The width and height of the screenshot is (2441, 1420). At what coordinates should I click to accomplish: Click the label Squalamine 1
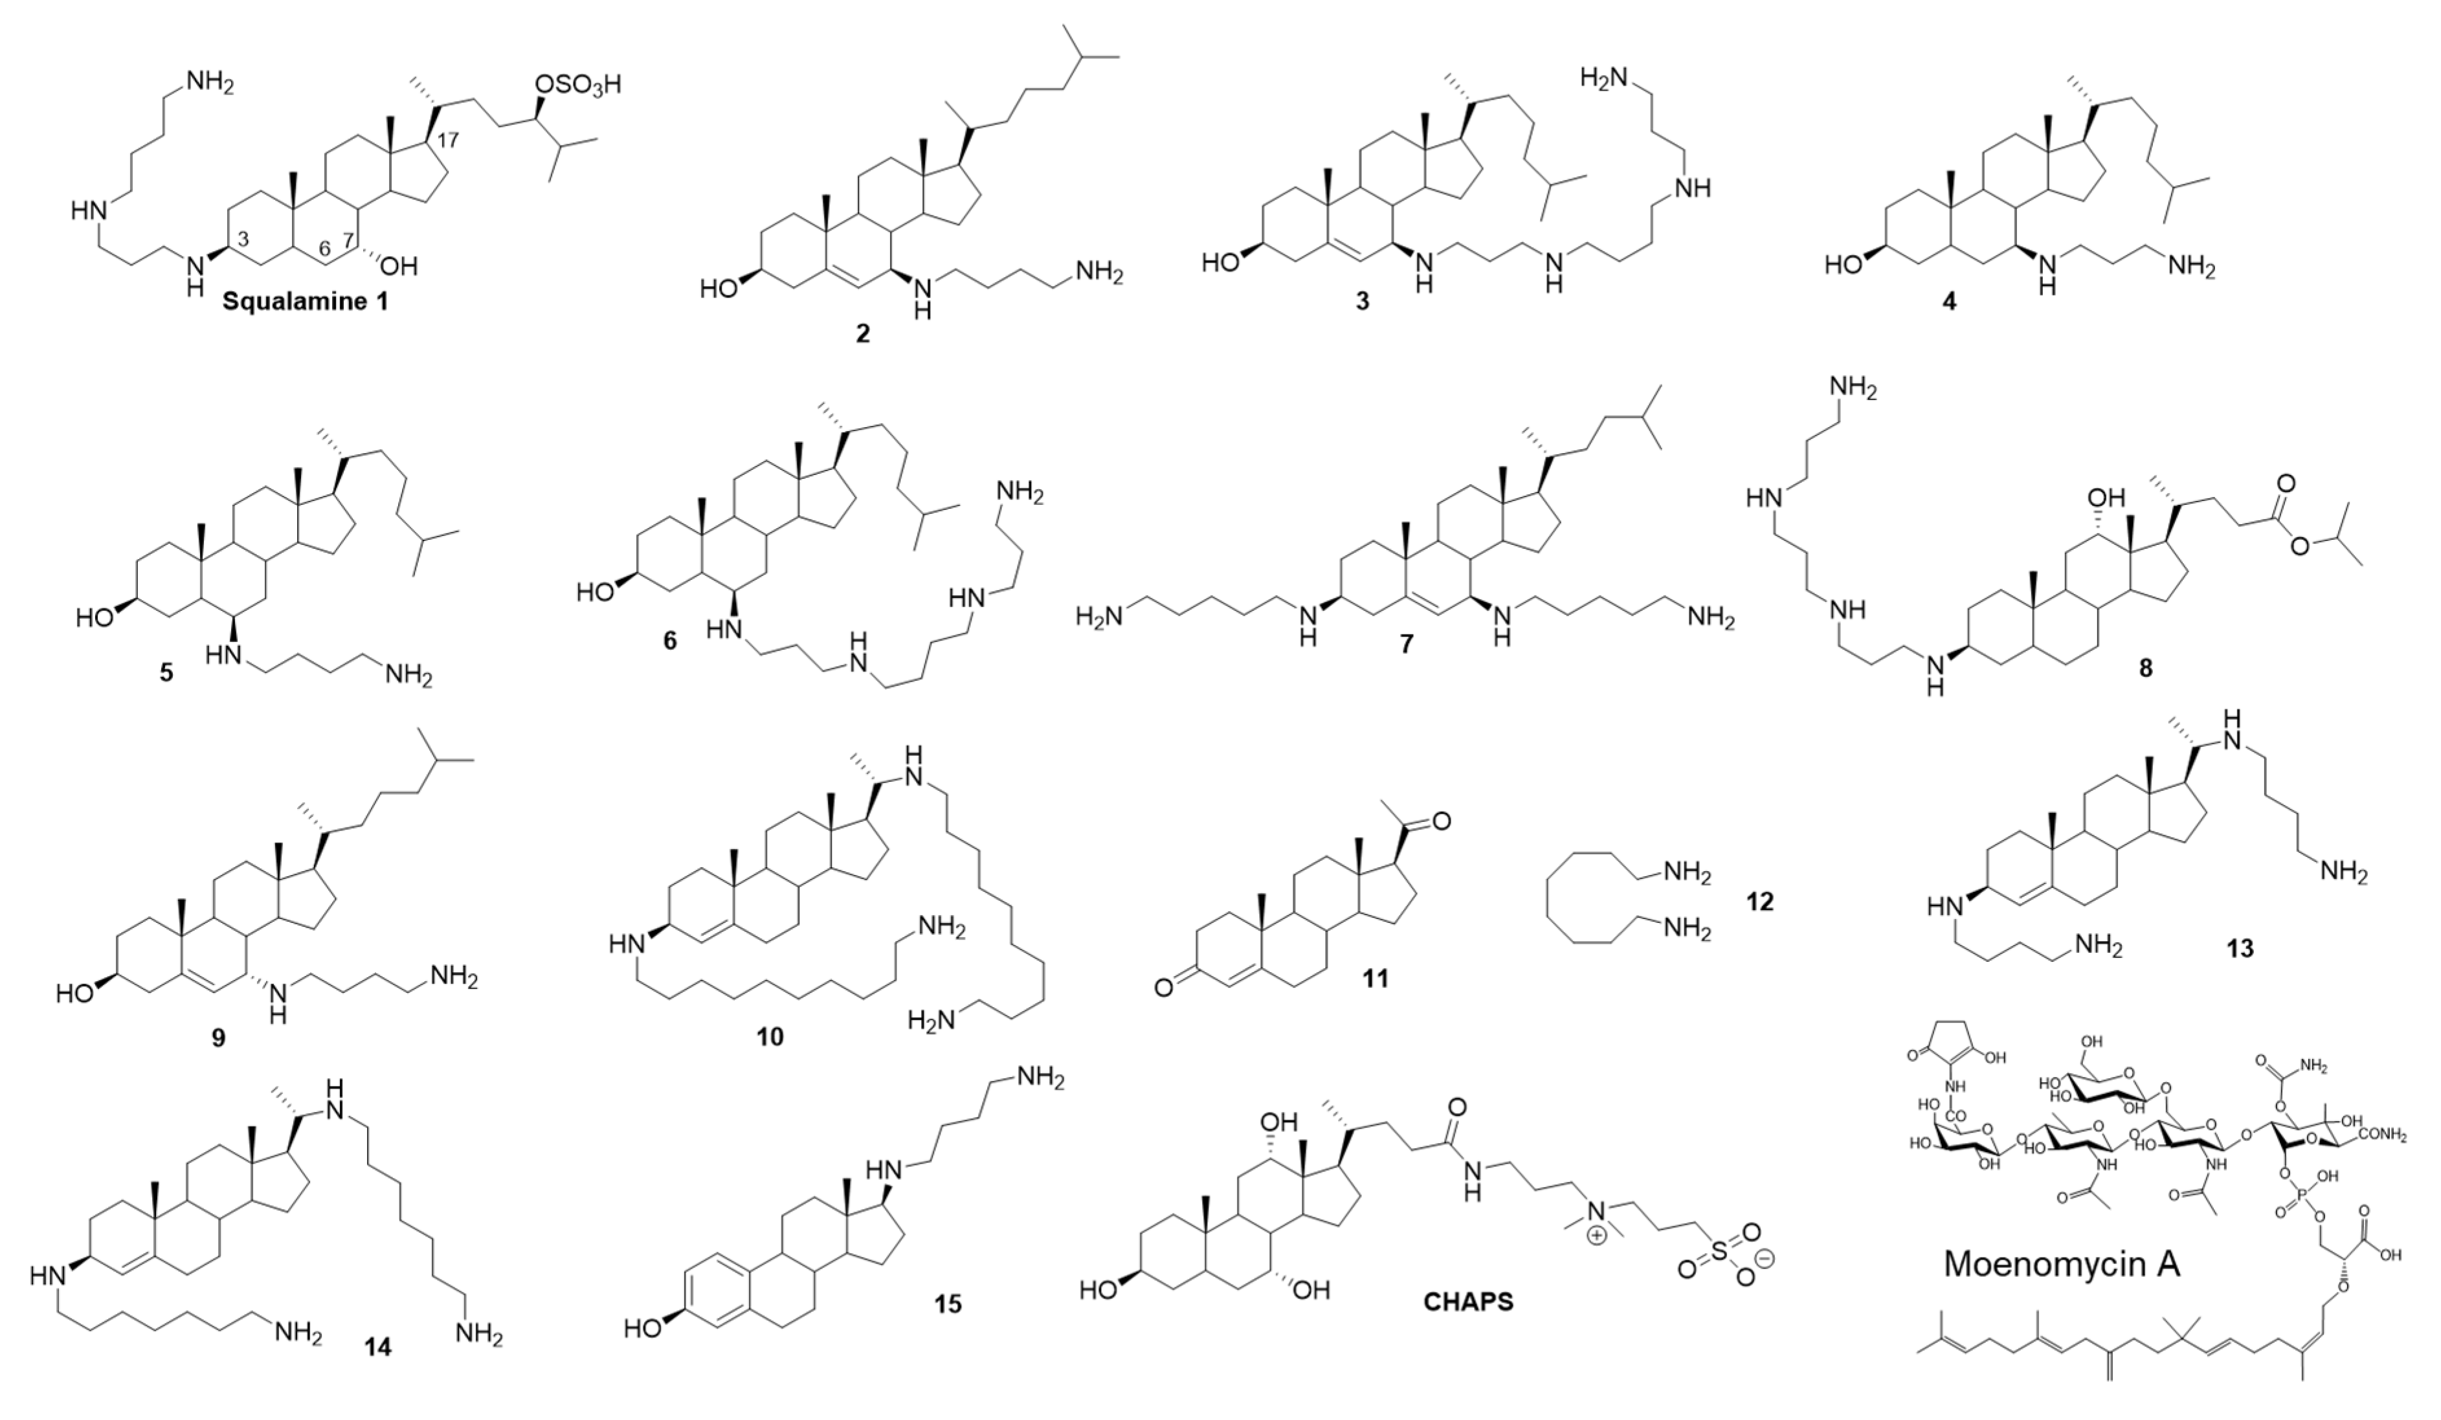pos(305,301)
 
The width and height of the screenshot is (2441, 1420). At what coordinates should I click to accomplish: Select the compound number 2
pos(862,334)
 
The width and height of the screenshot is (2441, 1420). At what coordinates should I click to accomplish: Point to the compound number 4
pos(1949,301)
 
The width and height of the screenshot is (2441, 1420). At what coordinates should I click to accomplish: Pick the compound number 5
pos(166,672)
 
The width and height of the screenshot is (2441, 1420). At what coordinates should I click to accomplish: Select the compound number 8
pos(2145,669)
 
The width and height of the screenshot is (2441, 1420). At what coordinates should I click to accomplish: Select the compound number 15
pos(948,1304)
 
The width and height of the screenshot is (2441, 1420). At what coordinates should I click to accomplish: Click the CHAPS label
pos(1467,1302)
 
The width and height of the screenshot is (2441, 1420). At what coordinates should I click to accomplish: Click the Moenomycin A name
pos(2061,1263)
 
